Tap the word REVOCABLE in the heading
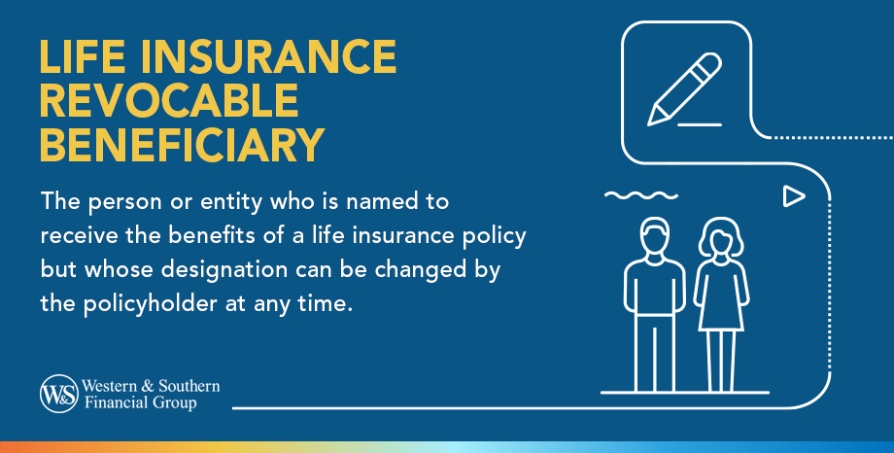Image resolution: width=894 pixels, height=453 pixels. point(168,102)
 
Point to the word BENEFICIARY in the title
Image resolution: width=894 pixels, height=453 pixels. point(181,145)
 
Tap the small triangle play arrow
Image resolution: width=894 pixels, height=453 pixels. point(794,197)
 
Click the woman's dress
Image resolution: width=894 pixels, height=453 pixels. point(720,296)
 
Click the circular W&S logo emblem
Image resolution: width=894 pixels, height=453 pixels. point(55,394)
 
